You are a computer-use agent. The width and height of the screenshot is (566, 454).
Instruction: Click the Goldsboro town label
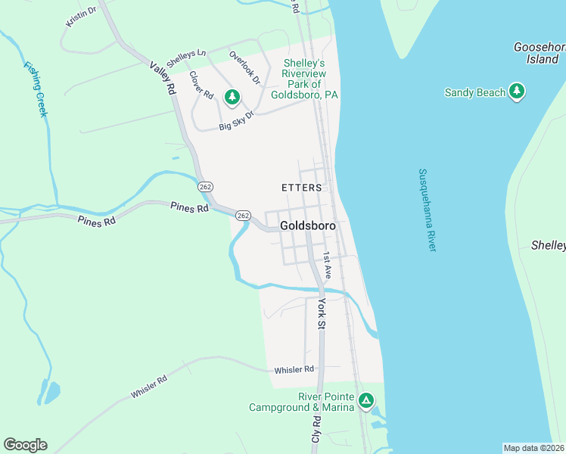point(307,225)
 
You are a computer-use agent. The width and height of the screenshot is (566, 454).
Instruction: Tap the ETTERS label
point(302,188)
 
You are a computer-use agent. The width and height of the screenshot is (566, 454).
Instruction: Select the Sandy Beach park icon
point(517,92)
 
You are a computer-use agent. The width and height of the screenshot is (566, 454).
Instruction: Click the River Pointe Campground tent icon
point(365,400)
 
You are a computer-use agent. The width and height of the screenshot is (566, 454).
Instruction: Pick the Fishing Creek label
point(36,89)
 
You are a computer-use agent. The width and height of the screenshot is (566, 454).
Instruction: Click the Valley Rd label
point(163,78)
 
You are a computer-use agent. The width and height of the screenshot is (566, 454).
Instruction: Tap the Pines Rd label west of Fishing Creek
point(96,220)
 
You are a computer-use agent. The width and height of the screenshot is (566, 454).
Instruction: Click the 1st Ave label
point(328,266)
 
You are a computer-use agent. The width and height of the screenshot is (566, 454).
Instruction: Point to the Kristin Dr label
point(81,16)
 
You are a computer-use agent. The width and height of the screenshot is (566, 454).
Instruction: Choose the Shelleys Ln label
point(186,58)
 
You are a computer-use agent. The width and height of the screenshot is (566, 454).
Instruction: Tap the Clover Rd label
point(201,85)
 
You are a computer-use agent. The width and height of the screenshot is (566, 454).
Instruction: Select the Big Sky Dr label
point(236,120)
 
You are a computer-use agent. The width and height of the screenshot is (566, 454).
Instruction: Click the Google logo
point(25,445)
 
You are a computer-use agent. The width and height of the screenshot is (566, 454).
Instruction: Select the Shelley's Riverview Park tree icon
point(232,97)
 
